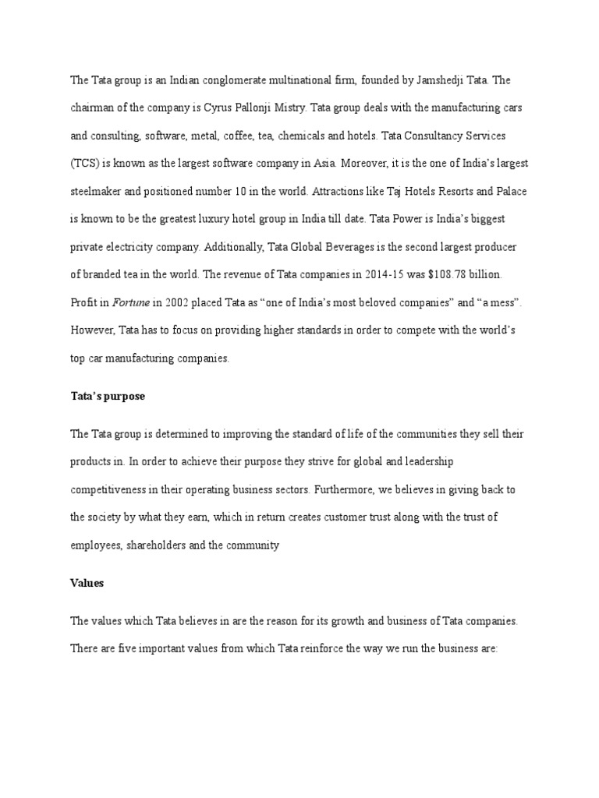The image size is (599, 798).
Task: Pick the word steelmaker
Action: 99,191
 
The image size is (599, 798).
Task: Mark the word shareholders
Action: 164,546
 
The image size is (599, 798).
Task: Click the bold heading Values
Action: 88,583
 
